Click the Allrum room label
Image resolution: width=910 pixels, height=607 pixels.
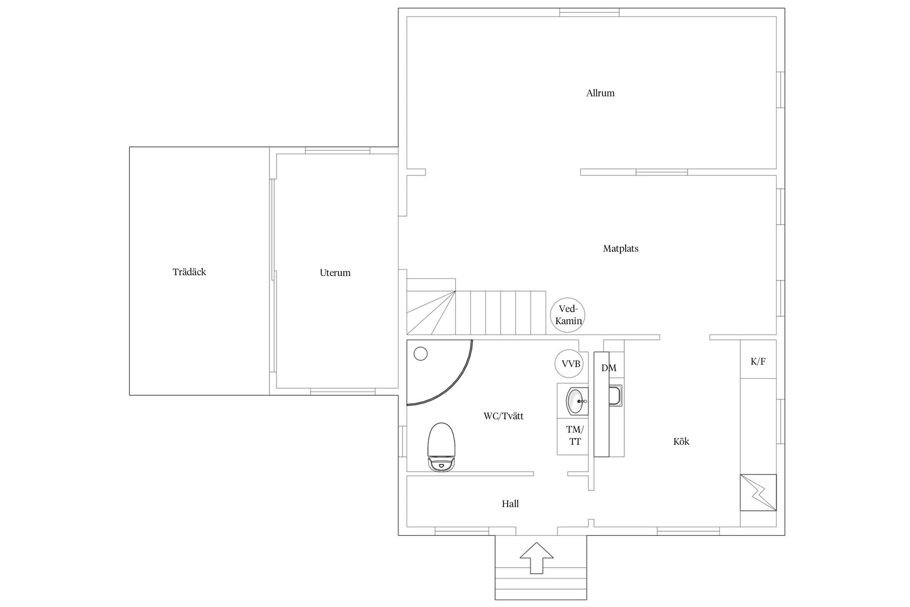[x=600, y=93]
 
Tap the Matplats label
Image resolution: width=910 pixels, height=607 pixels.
[x=620, y=248]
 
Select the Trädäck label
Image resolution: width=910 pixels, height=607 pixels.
[x=189, y=272]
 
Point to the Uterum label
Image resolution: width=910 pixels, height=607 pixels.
[x=335, y=273]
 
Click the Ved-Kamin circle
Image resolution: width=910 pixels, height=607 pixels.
[x=568, y=315]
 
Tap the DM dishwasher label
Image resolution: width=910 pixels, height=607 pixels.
[x=609, y=368]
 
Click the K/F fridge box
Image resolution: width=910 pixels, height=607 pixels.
[x=758, y=359]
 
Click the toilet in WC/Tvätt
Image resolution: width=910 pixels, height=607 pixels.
[x=442, y=446]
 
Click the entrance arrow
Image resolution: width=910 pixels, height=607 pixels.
[x=537, y=558]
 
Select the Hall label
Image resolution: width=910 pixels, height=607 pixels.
[x=510, y=504]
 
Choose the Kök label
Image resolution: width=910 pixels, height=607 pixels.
[x=681, y=441]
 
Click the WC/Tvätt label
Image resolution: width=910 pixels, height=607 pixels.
[x=503, y=416]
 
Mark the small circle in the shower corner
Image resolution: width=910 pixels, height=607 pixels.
[x=420, y=354]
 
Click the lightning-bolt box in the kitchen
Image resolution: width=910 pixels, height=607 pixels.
[x=758, y=492]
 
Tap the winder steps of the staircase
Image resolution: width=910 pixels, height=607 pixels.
[x=431, y=313]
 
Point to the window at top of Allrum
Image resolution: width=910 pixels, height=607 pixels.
[x=590, y=12]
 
